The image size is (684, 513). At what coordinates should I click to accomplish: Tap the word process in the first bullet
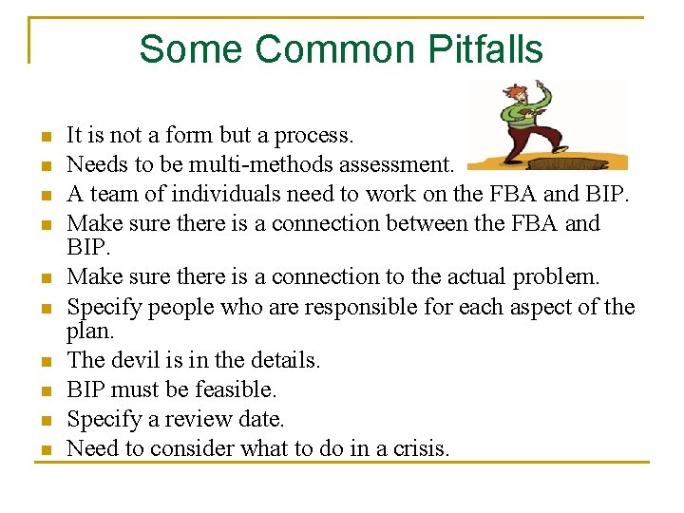coord(309,136)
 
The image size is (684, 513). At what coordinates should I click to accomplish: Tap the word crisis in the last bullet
coord(415,447)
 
